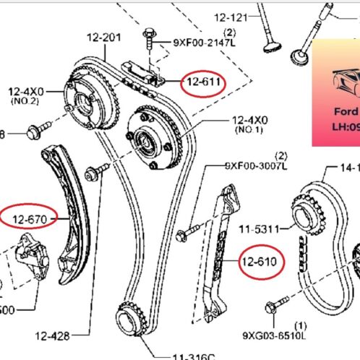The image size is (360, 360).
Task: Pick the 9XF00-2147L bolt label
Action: (204, 43)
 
